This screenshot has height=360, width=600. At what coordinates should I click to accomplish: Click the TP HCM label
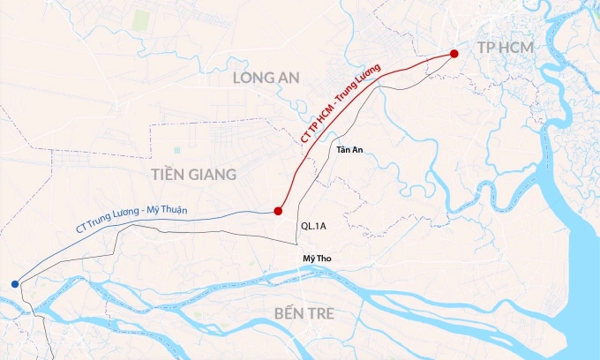click(505, 46)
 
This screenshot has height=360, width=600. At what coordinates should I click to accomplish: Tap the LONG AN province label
click(266, 78)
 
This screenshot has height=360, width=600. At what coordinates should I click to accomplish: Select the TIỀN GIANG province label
click(193, 175)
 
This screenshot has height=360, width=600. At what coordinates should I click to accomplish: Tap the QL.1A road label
click(314, 226)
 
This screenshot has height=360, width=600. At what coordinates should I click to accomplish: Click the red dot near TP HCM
click(454, 54)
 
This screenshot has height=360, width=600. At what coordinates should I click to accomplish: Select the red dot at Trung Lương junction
click(278, 211)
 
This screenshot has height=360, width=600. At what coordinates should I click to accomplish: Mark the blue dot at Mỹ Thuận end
click(15, 283)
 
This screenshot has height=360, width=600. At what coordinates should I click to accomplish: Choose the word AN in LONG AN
click(289, 78)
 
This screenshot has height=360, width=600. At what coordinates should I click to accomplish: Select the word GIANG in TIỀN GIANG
click(213, 175)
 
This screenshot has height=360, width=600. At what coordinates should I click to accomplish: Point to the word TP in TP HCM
click(485, 46)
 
